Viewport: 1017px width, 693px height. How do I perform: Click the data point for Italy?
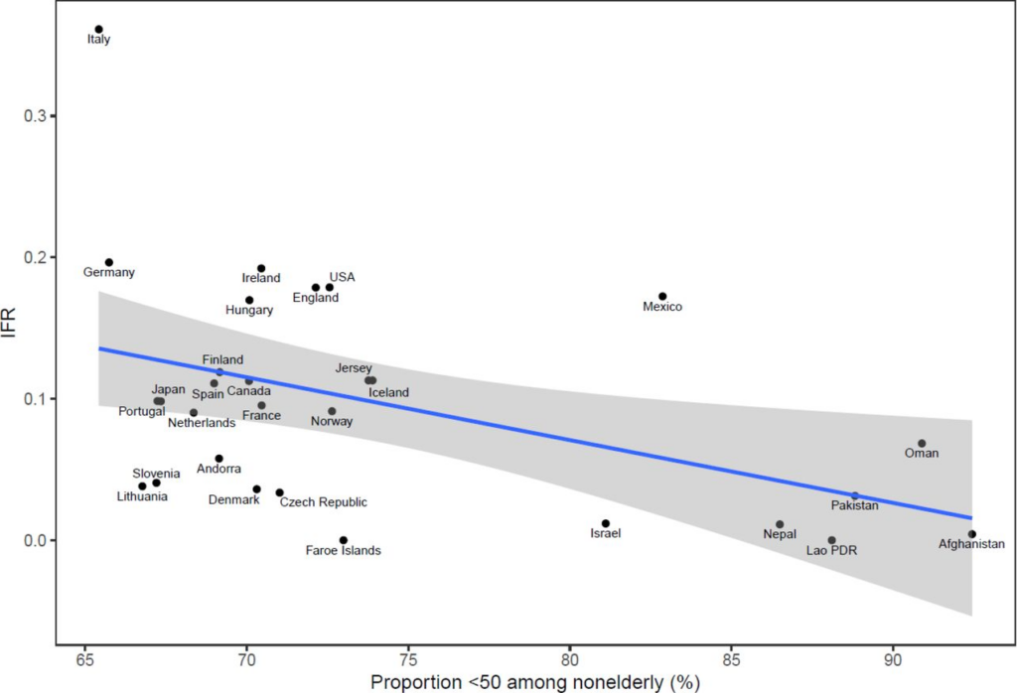98,30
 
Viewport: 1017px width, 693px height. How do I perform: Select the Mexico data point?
662,296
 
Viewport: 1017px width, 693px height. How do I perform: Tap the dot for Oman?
922,443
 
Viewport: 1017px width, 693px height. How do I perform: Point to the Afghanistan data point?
972,534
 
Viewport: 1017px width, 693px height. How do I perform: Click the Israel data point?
605,523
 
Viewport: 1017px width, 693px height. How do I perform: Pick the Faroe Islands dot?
344,540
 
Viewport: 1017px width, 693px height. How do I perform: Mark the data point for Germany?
109,262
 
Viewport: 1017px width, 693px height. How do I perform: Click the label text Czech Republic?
323,502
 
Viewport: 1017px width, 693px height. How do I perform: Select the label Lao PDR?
831,550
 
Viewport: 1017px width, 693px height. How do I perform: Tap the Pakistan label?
855,505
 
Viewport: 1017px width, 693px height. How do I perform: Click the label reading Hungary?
249,310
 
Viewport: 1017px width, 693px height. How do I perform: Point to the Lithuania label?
142,496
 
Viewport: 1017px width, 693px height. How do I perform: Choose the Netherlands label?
202,423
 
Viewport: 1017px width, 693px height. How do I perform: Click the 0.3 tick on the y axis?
36,116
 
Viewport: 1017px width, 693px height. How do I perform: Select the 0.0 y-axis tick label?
36,540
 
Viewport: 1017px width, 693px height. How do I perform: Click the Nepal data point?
780,524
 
